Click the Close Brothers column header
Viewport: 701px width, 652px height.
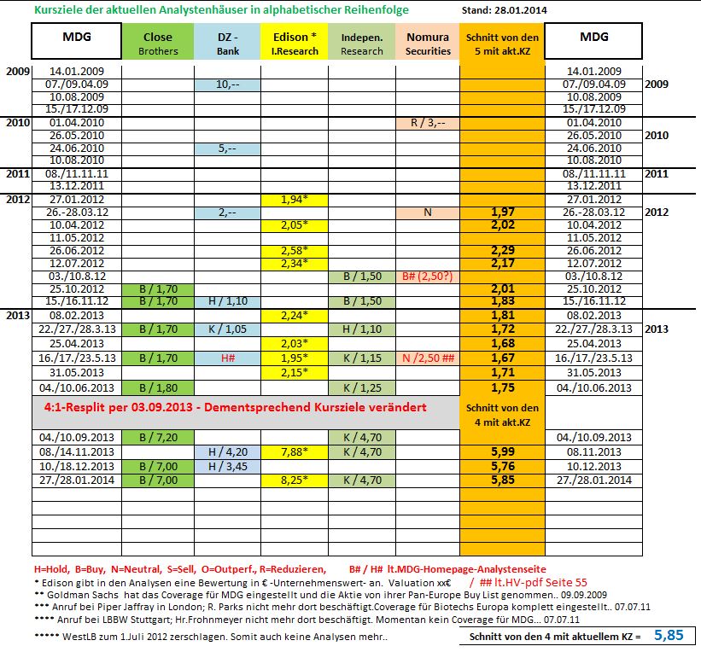(157, 44)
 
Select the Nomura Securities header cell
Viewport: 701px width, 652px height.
(428, 44)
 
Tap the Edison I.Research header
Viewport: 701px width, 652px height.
(295, 44)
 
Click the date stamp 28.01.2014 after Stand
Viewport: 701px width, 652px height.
(515, 10)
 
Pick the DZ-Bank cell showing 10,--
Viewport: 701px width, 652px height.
(227, 84)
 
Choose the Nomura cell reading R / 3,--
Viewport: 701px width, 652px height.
(428, 123)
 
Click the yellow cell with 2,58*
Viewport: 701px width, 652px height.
(295, 251)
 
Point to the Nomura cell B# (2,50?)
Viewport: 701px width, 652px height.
(428, 277)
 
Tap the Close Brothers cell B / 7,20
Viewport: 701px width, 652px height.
(157, 437)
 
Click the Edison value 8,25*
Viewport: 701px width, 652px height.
(295, 480)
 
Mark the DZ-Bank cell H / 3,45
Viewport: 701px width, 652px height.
(227, 466)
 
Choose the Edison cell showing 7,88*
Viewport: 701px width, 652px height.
(295, 451)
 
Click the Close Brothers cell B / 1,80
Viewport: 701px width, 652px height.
(157, 387)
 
